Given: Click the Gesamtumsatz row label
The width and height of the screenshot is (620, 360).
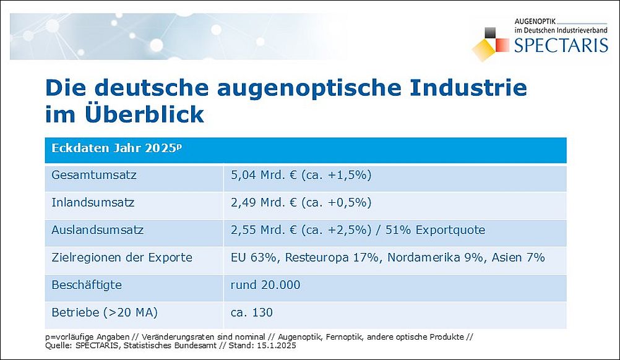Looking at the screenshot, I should [x=94, y=175].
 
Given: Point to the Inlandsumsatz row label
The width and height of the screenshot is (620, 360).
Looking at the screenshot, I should [x=93, y=202].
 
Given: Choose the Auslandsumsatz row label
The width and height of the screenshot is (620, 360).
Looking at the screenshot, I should [x=98, y=230].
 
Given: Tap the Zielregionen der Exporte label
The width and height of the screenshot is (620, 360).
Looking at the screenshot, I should [x=122, y=257].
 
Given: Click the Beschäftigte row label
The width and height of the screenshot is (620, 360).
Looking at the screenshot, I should [x=87, y=285].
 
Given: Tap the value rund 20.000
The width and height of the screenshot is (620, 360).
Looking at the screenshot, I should [x=265, y=285].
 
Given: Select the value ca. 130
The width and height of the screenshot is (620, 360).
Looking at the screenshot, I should [x=251, y=312].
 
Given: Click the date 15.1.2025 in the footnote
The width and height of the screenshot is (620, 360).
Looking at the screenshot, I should [x=275, y=346].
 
